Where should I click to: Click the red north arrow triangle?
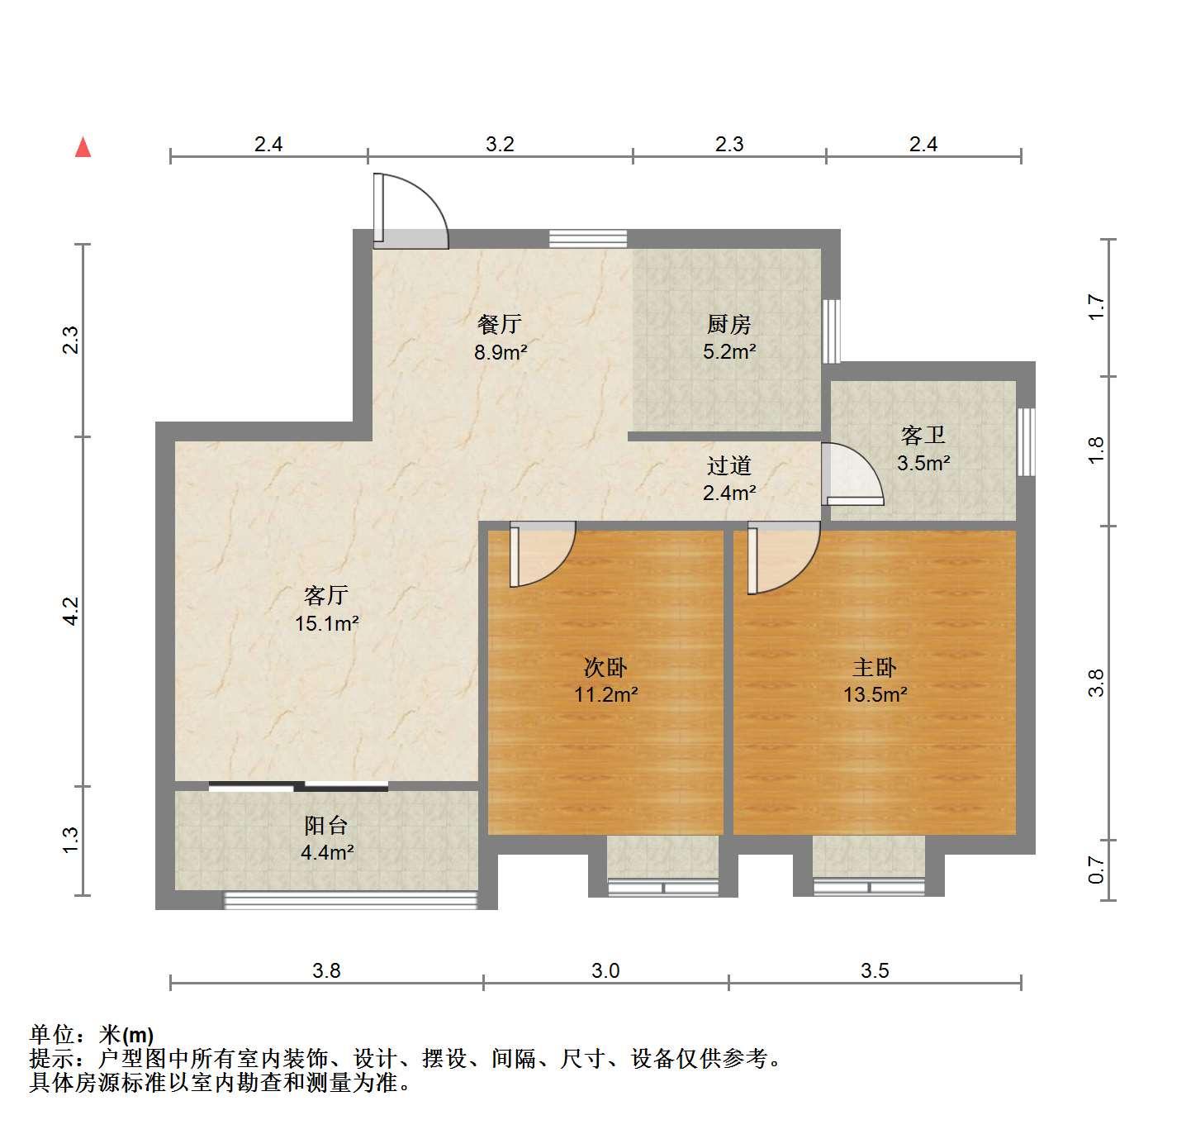pos(83,148)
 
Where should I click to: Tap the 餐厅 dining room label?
pos(500,324)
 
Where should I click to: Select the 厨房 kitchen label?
pos(729,324)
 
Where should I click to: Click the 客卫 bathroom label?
pos(923,436)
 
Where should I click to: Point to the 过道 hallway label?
pos(729,465)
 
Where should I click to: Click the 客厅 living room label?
pos(326,594)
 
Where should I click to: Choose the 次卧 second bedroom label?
pos(605,668)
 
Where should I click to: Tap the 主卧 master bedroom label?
pos(875,668)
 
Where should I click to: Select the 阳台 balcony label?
pos(326,826)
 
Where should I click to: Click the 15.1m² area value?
pos(327,623)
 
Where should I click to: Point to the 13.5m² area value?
pos(875,694)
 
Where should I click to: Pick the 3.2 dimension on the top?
pos(500,144)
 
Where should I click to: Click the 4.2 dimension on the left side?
pos(71,611)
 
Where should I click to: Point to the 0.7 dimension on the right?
pos(1096,870)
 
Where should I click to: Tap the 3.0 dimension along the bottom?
pos(605,970)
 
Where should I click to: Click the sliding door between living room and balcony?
pos(298,786)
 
